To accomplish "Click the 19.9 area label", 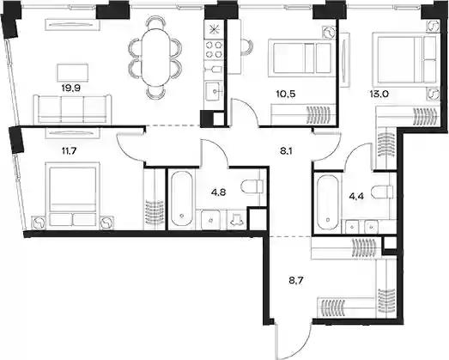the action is [x=70, y=88].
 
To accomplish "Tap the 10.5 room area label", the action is [x=286, y=94].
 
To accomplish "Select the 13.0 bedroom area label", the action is [x=379, y=94].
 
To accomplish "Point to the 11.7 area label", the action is [x=69, y=150].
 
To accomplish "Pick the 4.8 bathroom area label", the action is [x=218, y=192].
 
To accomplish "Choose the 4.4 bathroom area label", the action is [x=356, y=197].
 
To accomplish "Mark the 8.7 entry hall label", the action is [x=296, y=280].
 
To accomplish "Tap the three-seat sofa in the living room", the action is [x=72, y=109].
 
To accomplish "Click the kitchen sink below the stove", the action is [x=213, y=91].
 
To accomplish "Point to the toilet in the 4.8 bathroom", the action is [x=252, y=186].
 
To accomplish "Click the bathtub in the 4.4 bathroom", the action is [x=328, y=203].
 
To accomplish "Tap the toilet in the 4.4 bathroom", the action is [x=382, y=191].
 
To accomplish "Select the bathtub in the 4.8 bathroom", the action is [x=181, y=198].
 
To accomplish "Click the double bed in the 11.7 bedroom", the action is [x=72, y=195].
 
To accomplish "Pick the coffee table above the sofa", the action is [x=73, y=72].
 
